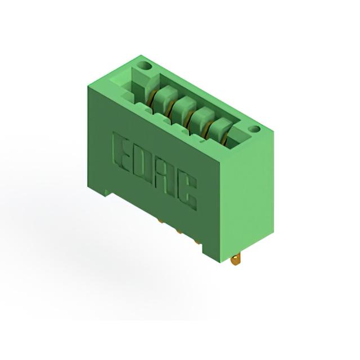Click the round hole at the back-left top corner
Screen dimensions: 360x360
coord(146,66)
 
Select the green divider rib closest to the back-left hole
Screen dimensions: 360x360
coord(166,95)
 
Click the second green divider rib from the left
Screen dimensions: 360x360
coord(184,106)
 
